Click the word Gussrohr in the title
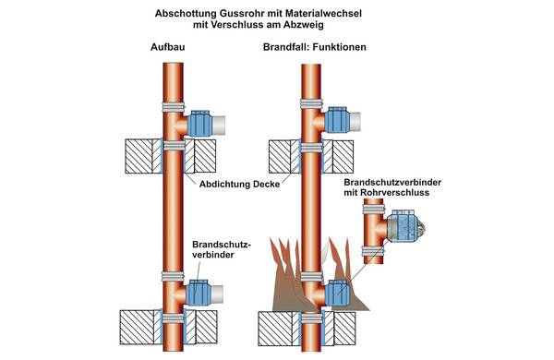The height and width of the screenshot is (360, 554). [235, 14]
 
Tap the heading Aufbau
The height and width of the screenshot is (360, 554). [167, 47]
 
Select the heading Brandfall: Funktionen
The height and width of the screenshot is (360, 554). [315, 47]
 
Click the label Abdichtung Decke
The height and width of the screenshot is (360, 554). [239, 184]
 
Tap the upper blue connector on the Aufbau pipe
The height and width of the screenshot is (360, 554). [199, 124]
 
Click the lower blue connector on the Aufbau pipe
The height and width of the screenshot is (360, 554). [199, 293]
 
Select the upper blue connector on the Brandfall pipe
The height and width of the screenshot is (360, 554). [337, 120]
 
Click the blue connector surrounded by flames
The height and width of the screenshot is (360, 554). [337, 293]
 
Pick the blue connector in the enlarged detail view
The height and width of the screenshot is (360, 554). [402, 226]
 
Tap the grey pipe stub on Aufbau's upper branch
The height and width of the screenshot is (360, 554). [218, 125]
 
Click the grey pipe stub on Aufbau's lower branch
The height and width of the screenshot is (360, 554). [217, 294]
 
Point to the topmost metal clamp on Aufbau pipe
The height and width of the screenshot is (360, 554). [174, 107]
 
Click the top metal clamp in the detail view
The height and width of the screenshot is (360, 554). [373, 210]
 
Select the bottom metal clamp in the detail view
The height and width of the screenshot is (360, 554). [373, 252]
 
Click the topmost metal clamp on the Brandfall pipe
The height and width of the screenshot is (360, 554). [311, 104]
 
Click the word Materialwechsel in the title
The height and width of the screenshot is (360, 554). [323, 14]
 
